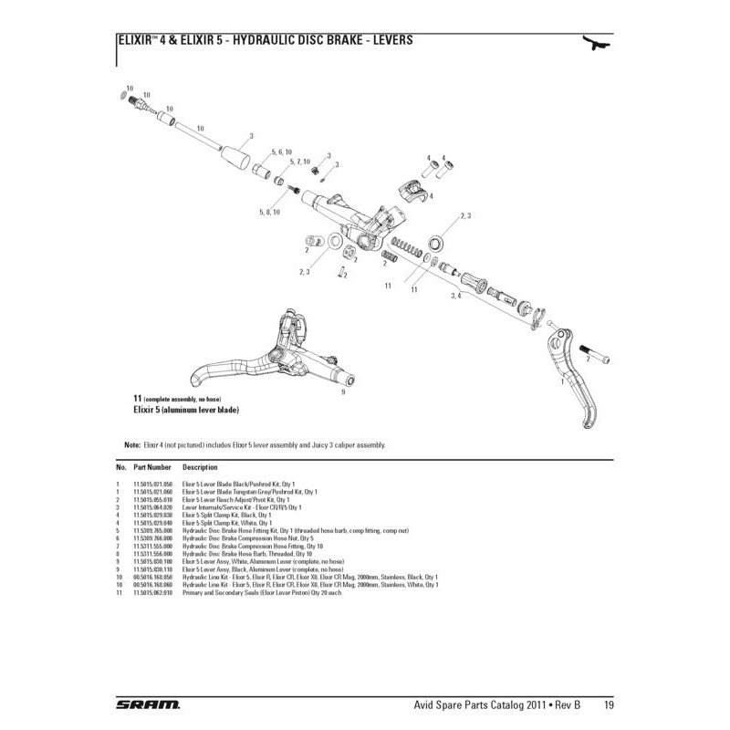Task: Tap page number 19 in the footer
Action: point(607,704)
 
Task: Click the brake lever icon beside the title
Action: point(597,44)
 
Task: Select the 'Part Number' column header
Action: point(153,466)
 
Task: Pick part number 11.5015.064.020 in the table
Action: point(153,506)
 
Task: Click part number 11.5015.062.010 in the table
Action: point(153,592)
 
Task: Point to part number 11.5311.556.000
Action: point(153,554)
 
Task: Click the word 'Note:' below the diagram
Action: point(131,444)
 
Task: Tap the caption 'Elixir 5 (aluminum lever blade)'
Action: point(186,411)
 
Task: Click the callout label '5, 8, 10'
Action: point(268,212)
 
